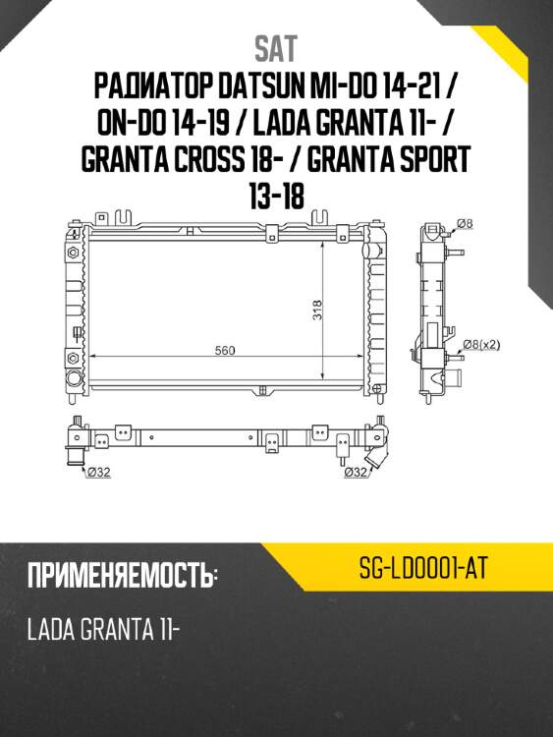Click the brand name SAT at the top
pos(275,48)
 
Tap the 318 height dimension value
pos(317,310)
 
